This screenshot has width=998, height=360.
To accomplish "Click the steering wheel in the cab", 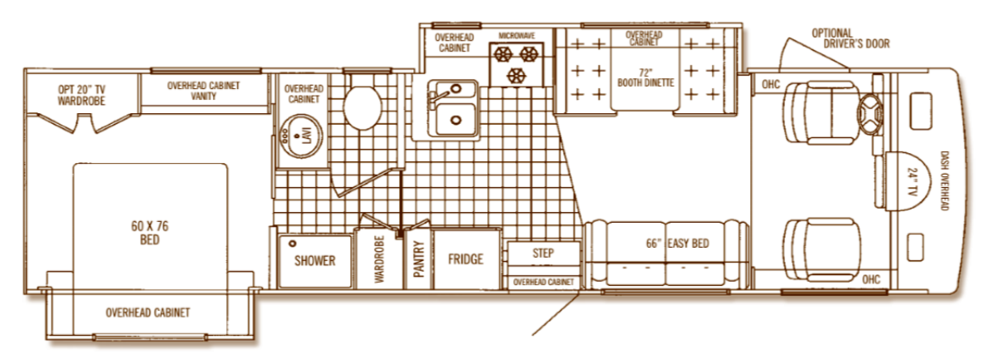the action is pyautogui.click(x=870, y=114).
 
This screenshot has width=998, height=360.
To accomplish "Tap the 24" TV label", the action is pyautogui.click(x=912, y=181).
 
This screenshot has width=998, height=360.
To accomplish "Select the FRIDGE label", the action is pyautogui.click(x=466, y=259).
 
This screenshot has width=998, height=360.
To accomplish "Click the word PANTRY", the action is pyautogui.click(x=418, y=259).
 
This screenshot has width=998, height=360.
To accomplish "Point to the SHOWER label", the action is pyautogui.click(x=314, y=260).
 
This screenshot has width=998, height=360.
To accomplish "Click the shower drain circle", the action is pyautogui.click(x=292, y=244).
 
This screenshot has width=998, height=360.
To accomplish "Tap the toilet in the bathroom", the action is pyautogui.click(x=362, y=107).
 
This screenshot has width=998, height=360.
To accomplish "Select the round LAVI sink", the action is pyautogui.click(x=302, y=136).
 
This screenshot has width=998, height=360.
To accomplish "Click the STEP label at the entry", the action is pyautogui.click(x=543, y=253).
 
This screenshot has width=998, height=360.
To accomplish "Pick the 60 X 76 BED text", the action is pyautogui.click(x=150, y=233).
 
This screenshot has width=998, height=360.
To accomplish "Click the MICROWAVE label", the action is pyautogui.click(x=516, y=36).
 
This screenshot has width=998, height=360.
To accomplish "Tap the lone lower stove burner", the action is pyautogui.click(x=516, y=76).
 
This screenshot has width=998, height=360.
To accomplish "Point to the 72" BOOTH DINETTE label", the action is pyautogui.click(x=645, y=77).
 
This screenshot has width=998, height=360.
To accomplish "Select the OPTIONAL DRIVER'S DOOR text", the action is pyautogui.click(x=851, y=38).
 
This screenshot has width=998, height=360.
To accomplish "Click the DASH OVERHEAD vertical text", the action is pyautogui.click(x=943, y=180).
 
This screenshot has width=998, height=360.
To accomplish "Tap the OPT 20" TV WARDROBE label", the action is pyautogui.click(x=82, y=96).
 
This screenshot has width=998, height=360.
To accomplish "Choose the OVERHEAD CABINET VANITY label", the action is pyautogui.click(x=204, y=91).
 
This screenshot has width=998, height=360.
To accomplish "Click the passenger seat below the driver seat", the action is pyautogui.click(x=822, y=249).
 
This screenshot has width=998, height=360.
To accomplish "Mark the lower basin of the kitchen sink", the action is pyautogui.click(x=455, y=120).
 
